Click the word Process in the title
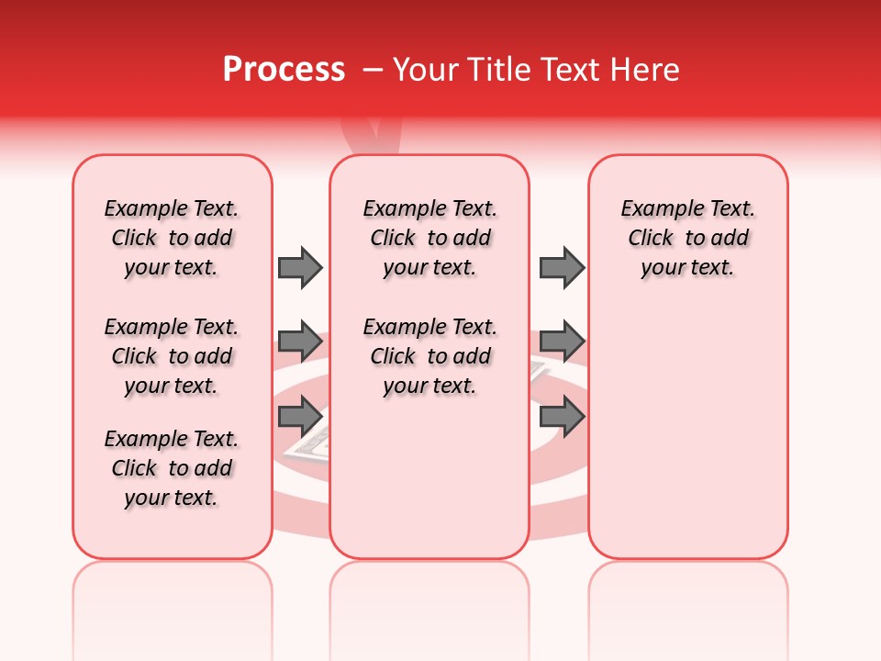pyautogui.click(x=284, y=70)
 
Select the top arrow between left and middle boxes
pyautogui.click(x=300, y=267)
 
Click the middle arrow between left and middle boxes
pyautogui.click(x=300, y=342)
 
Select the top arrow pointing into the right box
pyautogui.click(x=562, y=267)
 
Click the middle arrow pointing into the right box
pyautogui.click(x=562, y=342)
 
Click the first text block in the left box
pyautogui.click(x=172, y=238)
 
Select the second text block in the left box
pyautogui.click(x=172, y=356)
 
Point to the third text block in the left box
pyautogui.click(x=172, y=468)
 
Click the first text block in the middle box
pyautogui.click(x=429, y=238)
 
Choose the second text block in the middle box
pyautogui.click(x=429, y=356)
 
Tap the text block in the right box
pyautogui.click(x=688, y=238)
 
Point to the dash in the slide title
pyautogui.click(x=373, y=70)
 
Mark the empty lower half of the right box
pyautogui.click(x=688, y=441)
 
